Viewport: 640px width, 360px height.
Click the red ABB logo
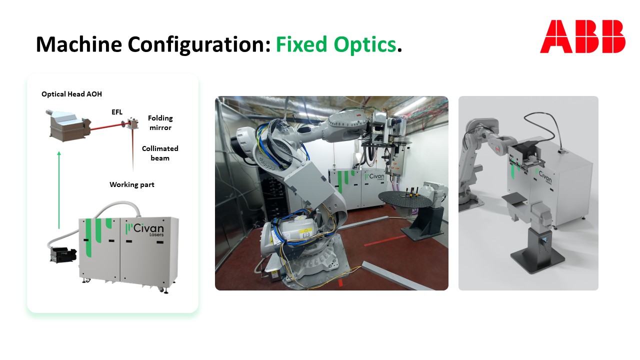tap(582, 36)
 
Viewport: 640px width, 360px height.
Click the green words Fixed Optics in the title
tap(335, 45)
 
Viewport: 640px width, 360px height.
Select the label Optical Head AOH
tap(71, 94)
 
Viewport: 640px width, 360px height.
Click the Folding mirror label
tap(160, 123)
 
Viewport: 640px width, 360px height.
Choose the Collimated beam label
tap(160, 153)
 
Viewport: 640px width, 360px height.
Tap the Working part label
tap(132, 184)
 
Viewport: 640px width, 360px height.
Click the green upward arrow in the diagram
tap(59, 189)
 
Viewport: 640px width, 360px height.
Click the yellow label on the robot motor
tap(305, 232)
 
